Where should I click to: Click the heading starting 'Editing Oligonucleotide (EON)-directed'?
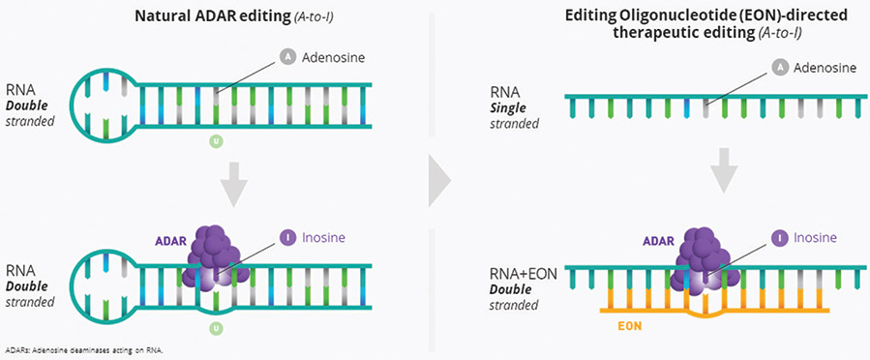click(705, 24)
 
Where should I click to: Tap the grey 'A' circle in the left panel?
click(287, 56)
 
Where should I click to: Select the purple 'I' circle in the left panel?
click(287, 238)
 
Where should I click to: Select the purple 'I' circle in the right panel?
click(778, 238)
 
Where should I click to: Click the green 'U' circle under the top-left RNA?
click(216, 142)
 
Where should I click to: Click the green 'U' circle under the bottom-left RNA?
click(216, 329)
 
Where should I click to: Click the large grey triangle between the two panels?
click(439, 180)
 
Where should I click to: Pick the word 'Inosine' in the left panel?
click(323, 238)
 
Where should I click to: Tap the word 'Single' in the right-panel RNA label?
click(506, 107)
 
